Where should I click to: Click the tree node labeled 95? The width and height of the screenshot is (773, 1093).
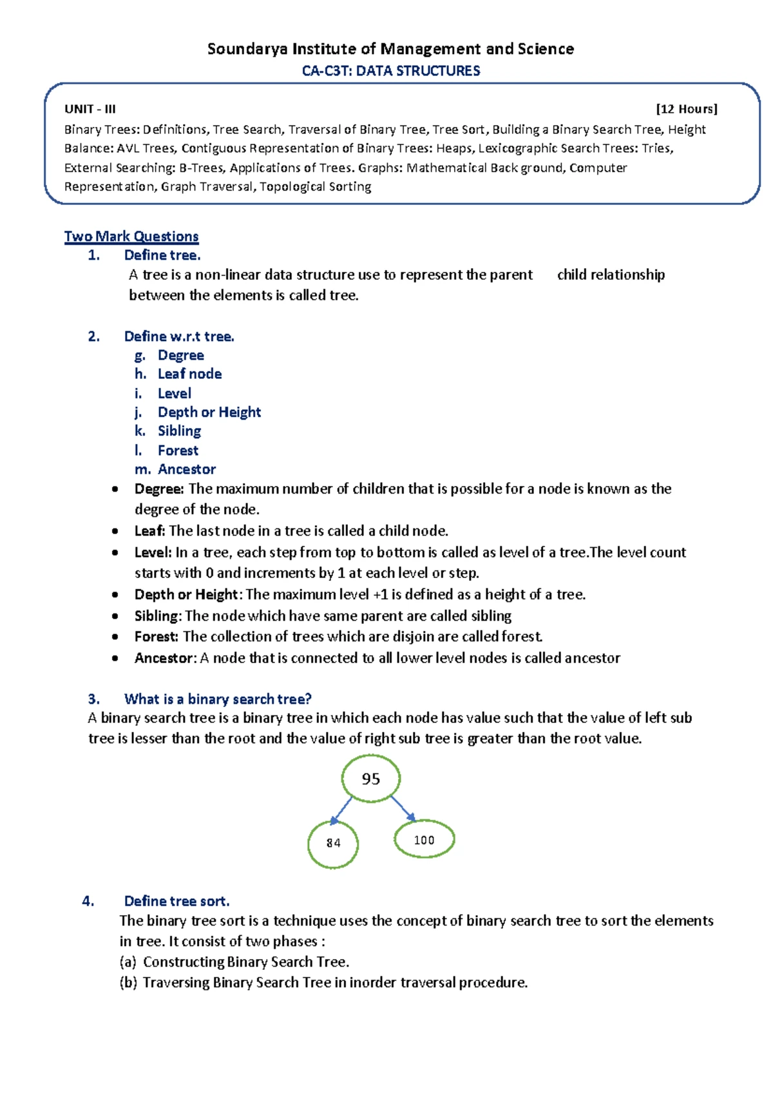(371, 779)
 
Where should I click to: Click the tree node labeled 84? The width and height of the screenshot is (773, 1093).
(333, 844)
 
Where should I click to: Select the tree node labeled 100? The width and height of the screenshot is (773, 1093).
(424, 840)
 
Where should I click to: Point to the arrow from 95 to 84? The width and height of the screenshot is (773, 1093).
(341, 811)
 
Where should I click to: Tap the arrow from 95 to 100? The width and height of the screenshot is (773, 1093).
(403, 808)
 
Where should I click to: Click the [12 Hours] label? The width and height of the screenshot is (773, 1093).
(686, 109)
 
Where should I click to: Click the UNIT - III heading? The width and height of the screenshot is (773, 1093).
(90, 109)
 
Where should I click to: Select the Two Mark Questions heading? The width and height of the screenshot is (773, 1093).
(131, 237)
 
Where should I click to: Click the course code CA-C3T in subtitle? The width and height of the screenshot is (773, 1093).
(326, 71)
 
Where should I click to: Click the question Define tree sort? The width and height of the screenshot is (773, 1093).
(177, 901)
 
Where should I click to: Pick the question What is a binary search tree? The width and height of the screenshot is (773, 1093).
(218, 699)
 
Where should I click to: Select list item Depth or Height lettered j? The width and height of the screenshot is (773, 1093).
(209, 412)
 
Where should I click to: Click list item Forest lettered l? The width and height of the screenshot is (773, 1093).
(178, 450)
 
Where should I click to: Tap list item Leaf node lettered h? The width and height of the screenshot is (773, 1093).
(189, 374)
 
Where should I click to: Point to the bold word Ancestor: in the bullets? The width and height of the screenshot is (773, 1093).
(165, 658)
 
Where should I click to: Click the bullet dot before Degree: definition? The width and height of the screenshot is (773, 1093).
(115, 489)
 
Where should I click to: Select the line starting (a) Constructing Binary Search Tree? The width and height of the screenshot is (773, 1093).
(234, 962)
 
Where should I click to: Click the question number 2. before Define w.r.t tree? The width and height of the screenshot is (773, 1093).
(94, 336)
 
